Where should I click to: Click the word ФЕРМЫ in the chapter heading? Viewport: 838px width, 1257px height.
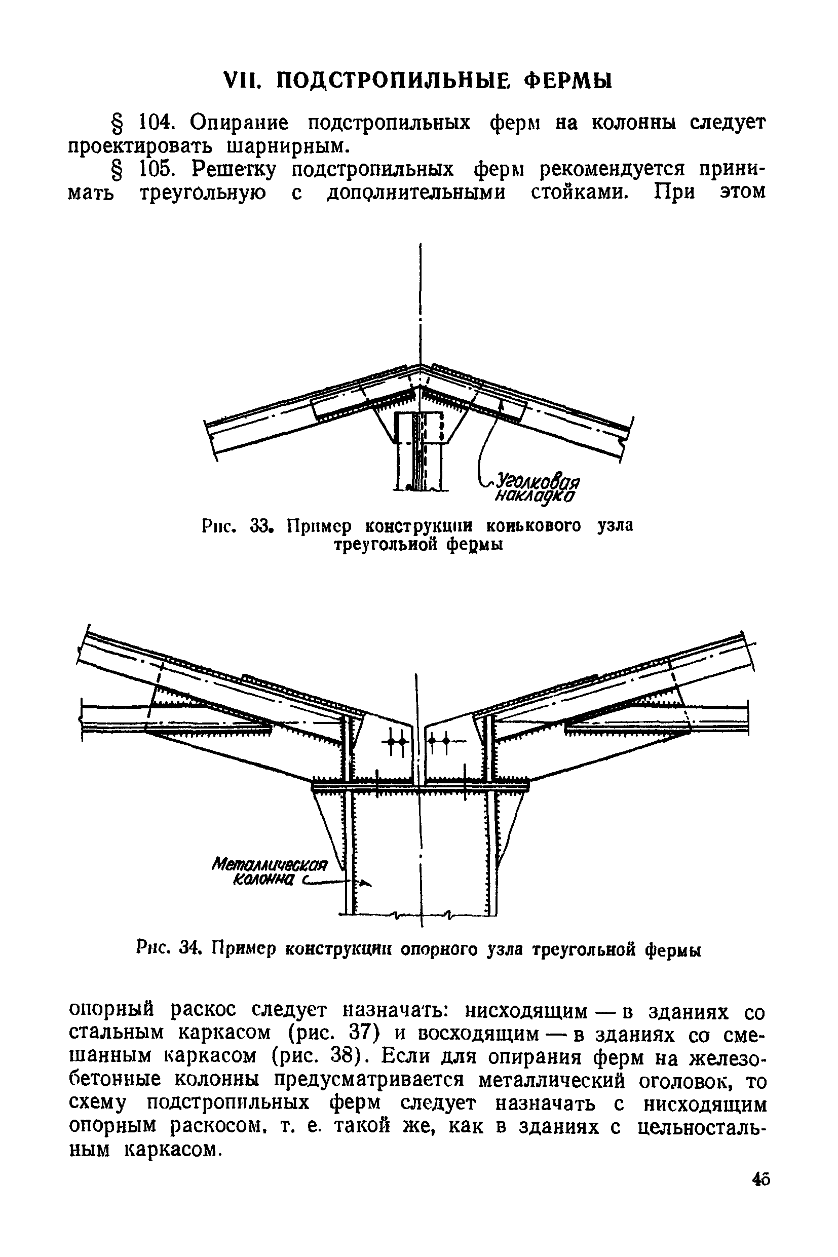(x=567, y=81)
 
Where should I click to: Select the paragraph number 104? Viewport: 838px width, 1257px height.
(x=156, y=123)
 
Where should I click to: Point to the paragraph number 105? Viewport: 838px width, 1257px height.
(x=156, y=169)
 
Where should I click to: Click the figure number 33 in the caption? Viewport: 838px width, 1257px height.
(x=262, y=526)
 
